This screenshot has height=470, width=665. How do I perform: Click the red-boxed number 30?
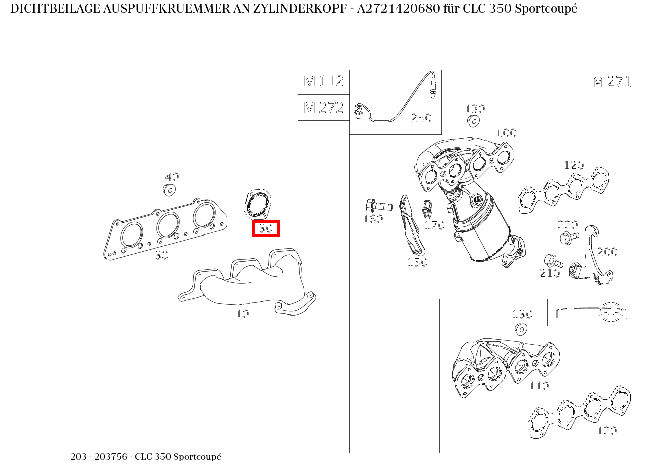(x=265, y=229)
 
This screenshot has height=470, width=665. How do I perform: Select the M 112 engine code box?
(x=323, y=81)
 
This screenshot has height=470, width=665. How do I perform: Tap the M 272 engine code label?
(x=323, y=108)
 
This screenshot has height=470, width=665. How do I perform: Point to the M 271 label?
(x=611, y=82)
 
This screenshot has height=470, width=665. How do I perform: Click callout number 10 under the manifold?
(x=242, y=314)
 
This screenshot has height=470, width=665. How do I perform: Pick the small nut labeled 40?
(x=169, y=190)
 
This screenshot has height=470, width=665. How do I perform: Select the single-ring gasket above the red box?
(x=257, y=205)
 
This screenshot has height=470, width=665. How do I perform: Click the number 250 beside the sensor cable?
(x=421, y=118)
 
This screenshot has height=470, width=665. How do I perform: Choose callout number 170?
(x=434, y=225)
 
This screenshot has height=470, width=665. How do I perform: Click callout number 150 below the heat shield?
(x=417, y=262)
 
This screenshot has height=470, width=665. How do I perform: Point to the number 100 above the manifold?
(x=506, y=133)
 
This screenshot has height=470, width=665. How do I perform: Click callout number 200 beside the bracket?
(x=607, y=252)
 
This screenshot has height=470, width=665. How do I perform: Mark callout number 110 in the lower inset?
(x=538, y=386)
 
